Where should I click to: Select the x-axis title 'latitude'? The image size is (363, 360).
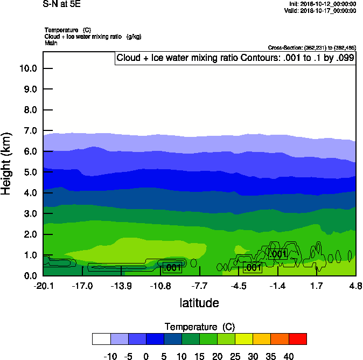point(199,303)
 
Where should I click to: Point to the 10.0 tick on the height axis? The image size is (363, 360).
point(27,68)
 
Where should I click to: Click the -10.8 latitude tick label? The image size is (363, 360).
point(160,285)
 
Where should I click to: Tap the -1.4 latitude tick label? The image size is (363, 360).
point(277,285)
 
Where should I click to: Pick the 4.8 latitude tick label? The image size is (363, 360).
point(355,285)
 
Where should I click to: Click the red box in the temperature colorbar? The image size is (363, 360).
point(298,338)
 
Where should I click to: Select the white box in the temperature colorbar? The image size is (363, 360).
point(101,338)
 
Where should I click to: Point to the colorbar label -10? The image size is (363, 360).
point(110,356)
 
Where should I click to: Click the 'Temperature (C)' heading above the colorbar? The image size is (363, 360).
point(199,327)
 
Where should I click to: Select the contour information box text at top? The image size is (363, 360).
point(235,58)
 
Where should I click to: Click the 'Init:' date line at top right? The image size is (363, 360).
point(322,4)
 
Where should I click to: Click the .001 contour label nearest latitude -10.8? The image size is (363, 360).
point(172,267)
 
